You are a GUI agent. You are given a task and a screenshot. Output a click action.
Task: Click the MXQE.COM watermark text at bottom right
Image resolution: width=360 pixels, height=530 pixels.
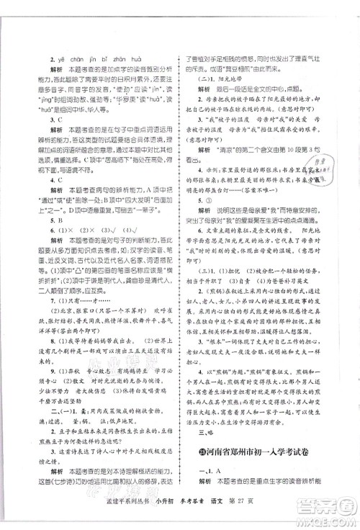(332, 519)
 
